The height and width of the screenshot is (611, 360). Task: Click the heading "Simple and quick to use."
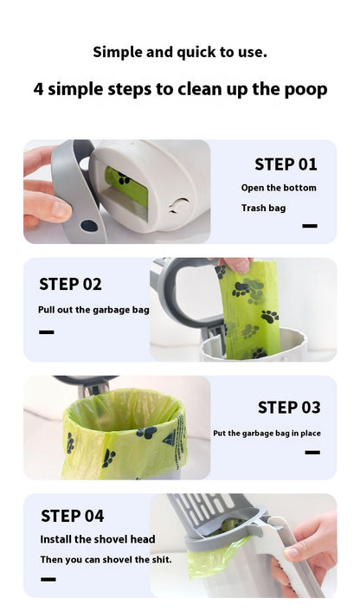click(180, 52)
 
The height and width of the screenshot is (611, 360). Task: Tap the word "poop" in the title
click(305, 90)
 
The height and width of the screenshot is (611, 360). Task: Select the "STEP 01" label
click(286, 164)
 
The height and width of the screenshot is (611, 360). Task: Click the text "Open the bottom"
click(279, 188)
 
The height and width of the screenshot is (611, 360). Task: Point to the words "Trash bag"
click(263, 208)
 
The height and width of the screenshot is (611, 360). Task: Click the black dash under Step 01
click(310, 226)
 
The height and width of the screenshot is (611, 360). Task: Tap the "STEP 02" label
click(70, 284)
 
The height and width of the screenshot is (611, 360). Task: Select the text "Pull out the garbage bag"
click(93, 310)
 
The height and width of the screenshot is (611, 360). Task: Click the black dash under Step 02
click(47, 332)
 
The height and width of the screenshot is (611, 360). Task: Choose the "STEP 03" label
click(289, 408)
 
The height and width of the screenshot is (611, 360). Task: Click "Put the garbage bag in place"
click(267, 434)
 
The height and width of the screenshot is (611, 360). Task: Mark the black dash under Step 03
click(312, 453)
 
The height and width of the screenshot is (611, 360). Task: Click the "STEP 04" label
click(73, 516)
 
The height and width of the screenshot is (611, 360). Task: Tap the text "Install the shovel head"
click(98, 539)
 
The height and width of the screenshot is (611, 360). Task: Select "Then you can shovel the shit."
click(106, 560)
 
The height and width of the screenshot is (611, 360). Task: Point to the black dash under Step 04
click(48, 580)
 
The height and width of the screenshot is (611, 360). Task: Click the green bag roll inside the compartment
click(125, 187)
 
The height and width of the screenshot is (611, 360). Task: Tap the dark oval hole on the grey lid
click(89, 226)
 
